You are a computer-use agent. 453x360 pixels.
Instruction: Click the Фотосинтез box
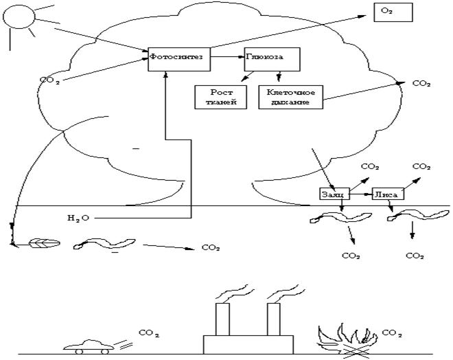point(177,59)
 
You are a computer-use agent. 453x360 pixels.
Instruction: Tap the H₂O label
point(78,218)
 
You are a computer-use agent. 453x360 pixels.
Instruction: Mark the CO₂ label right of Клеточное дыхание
point(421,84)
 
